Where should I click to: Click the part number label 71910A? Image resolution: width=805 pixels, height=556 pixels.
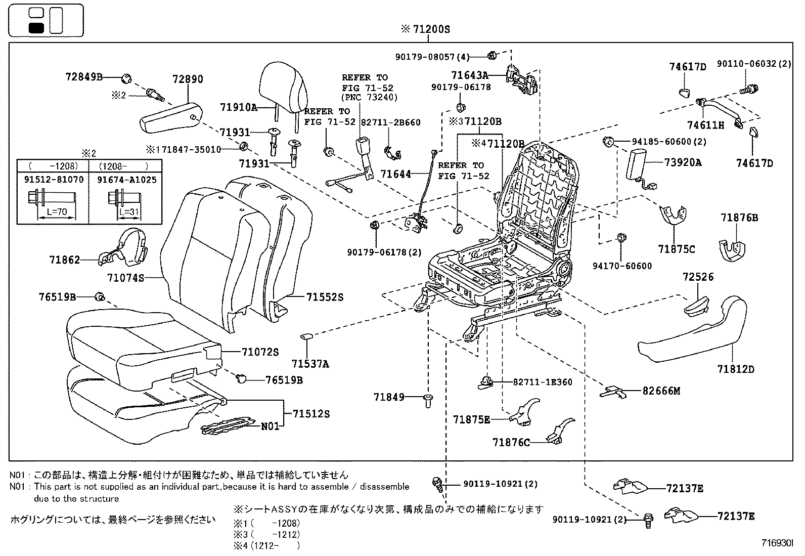click(x=239, y=107)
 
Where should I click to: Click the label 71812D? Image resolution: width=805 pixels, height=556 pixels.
click(x=735, y=369)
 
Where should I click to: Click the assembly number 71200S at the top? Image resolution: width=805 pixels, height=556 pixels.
click(x=430, y=29)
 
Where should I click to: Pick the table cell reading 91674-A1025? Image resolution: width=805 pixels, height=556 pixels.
click(x=126, y=180)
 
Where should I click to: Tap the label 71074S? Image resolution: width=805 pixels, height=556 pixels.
click(x=126, y=278)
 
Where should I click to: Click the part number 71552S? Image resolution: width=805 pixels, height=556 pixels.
click(x=325, y=297)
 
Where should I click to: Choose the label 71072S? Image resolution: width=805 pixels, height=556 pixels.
click(x=260, y=352)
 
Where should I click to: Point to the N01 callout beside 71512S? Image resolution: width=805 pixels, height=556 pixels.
click(x=270, y=426)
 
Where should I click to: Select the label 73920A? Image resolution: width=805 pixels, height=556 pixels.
click(x=683, y=162)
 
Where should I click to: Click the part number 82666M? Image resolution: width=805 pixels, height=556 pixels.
click(x=661, y=391)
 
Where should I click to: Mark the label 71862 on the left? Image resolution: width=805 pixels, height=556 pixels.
click(x=65, y=260)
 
